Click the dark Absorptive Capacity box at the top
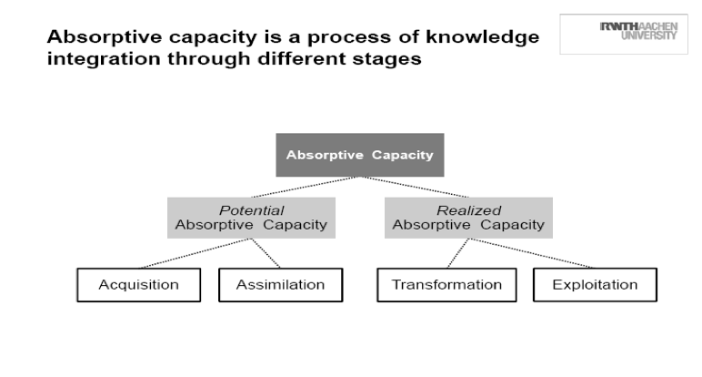360,155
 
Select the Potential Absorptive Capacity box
251,218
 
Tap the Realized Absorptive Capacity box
468,218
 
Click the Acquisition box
139,285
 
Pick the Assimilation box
280,285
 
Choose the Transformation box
446,285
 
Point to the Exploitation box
595,285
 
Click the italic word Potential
251,211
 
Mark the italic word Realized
468,211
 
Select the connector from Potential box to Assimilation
266,253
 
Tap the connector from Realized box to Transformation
457,253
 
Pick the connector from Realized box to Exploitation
532,253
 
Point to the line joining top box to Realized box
415,187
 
